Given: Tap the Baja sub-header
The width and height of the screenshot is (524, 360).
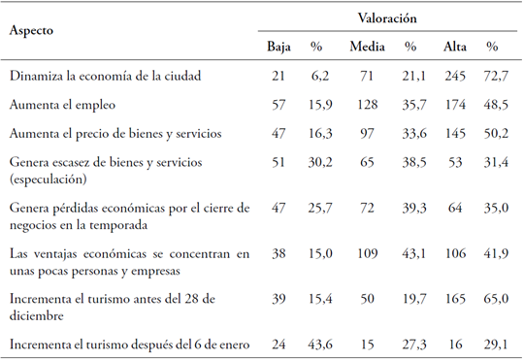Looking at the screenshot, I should click(x=278, y=47).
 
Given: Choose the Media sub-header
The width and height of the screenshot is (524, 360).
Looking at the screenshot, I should click(x=368, y=47).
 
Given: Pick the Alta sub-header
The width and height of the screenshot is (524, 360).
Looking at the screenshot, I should click(x=454, y=47).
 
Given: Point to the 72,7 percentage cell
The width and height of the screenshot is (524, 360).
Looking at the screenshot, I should click(x=492, y=74).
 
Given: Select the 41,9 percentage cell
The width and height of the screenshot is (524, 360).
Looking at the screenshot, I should click(x=492, y=256).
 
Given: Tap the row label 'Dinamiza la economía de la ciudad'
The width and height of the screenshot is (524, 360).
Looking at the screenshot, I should click(x=107, y=74).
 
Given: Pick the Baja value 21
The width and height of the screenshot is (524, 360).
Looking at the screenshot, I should click(x=278, y=74).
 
